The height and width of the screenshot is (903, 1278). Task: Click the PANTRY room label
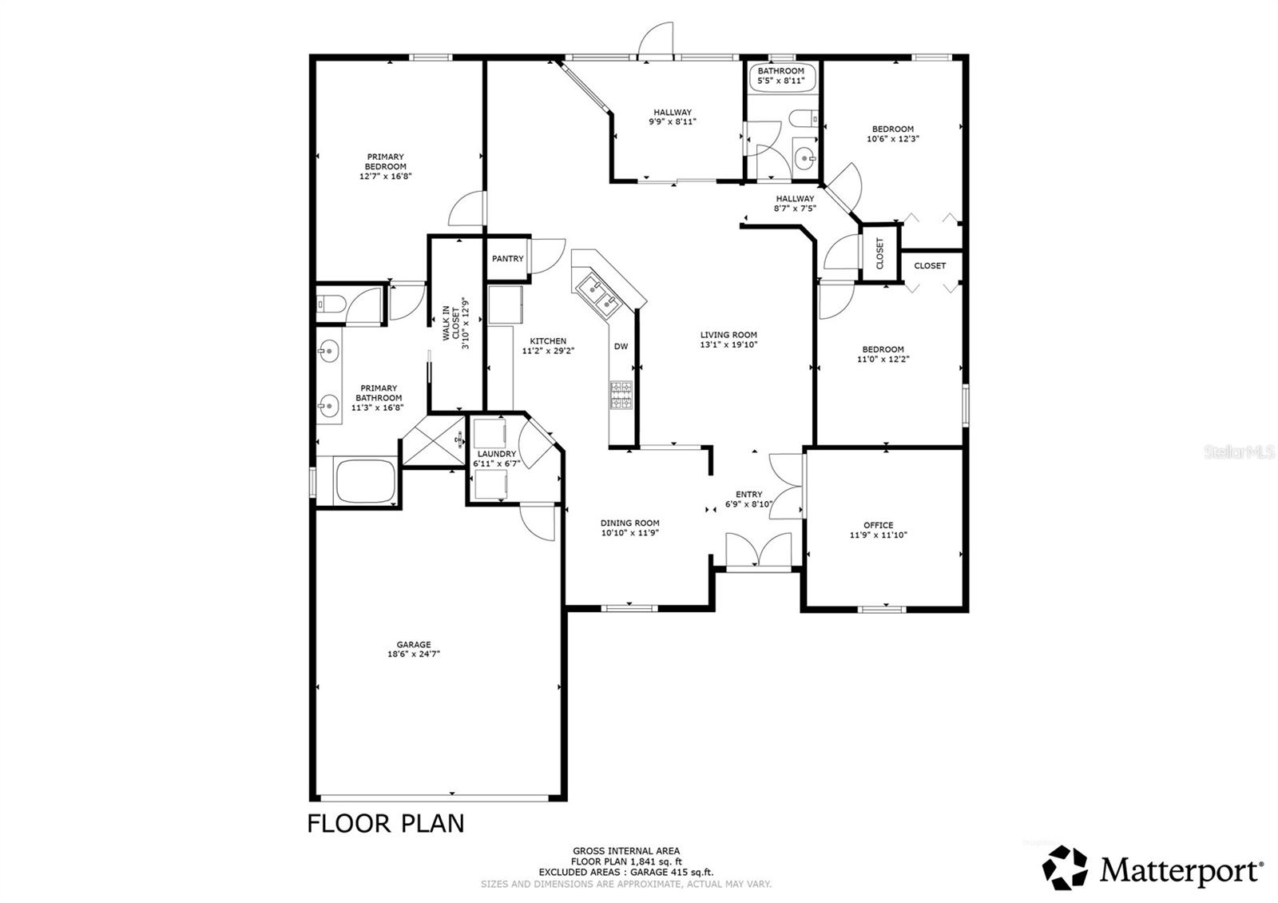click(x=507, y=259)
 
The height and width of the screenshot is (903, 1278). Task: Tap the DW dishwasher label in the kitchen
click(x=621, y=347)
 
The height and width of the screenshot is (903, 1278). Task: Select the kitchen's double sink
click(x=597, y=295)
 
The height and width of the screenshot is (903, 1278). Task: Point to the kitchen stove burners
click(x=621, y=395)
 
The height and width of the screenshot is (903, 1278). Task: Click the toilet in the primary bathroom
click(x=331, y=304)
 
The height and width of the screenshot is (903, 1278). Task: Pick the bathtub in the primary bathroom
click(x=365, y=480)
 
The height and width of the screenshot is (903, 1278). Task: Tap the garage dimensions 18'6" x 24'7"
click(x=414, y=654)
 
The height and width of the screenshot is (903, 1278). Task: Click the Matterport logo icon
click(x=1065, y=868)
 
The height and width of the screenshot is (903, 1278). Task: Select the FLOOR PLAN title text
click(x=386, y=824)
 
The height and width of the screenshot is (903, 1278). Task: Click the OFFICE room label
click(x=878, y=525)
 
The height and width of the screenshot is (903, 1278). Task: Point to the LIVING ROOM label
click(x=728, y=335)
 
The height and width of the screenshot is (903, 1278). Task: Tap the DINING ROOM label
click(x=630, y=523)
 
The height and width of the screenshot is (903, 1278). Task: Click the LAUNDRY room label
click(x=496, y=454)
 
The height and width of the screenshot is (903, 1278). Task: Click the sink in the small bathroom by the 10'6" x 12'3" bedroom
click(x=805, y=157)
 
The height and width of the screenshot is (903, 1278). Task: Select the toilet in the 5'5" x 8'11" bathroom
click(x=804, y=119)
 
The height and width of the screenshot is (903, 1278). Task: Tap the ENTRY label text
click(x=748, y=495)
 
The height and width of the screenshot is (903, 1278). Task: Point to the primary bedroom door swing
click(x=466, y=209)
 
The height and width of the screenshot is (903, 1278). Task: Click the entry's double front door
click(x=758, y=550)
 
